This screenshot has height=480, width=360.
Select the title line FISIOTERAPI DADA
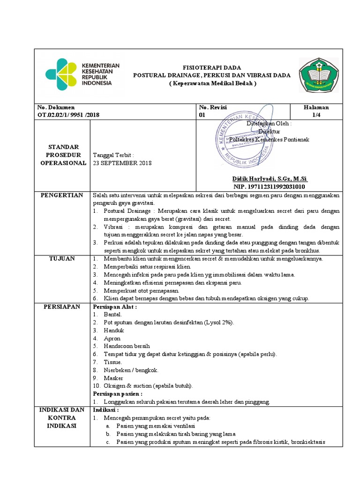pos(212,67)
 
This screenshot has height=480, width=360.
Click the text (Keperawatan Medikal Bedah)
pos(212,83)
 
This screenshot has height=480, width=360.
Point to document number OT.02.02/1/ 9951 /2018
pos(68,114)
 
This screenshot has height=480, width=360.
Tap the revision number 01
pos(202,114)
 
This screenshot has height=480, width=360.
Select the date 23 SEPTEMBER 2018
pos(122,163)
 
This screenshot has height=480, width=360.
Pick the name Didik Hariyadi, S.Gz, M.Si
pos(270,179)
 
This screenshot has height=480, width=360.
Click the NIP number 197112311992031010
pos(270,187)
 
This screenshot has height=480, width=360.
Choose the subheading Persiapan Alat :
pos(115,307)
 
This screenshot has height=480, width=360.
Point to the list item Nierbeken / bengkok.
pos(131,370)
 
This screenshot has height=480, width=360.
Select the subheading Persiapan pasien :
pos(118,394)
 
